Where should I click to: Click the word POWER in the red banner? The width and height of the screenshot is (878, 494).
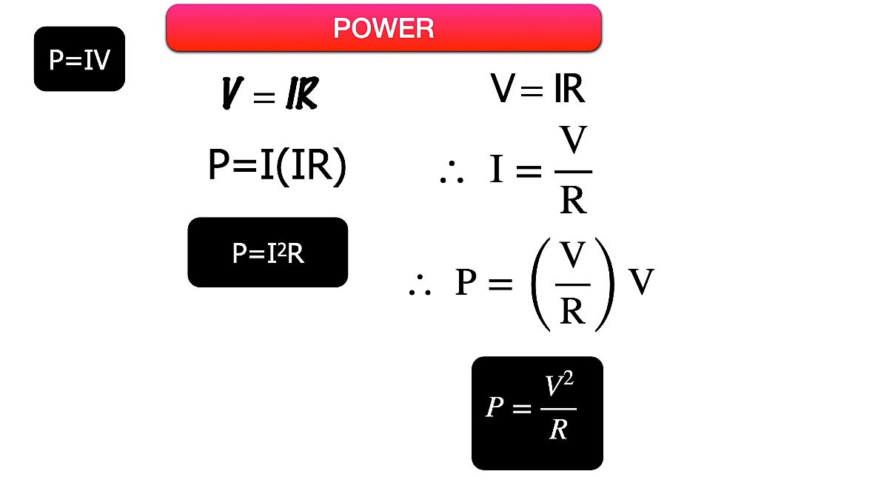pyautogui.click(x=383, y=28)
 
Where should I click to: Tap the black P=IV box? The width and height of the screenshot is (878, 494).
pyautogui.click(x=79, y=59)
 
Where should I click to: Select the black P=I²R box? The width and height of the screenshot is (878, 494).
pyautogui.click(x=267, y=253)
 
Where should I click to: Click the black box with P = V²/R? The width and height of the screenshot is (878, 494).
pyautogui.click(x=537, y=413)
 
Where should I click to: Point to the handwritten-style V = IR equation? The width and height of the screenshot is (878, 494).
pyautogui.click(x=270, y=95)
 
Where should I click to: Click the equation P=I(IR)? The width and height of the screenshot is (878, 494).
pyautogui.click(x=277, y=166)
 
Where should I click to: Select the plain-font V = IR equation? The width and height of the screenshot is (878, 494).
pyautogui.click(x=537, y=90)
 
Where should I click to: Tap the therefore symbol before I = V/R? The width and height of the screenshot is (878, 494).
pyautogui.click(x=452, y=175)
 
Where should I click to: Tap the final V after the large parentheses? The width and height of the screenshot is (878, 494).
pyautogui.click(x=641, y=282)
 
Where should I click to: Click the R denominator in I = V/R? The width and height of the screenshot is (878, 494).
pyautogui.click(x=573, y=198)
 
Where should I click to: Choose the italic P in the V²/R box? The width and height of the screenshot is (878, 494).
pyautogui.click(x=495, y=407)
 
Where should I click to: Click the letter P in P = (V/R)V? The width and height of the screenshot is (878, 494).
pyautogui.click(x=466, y=282)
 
